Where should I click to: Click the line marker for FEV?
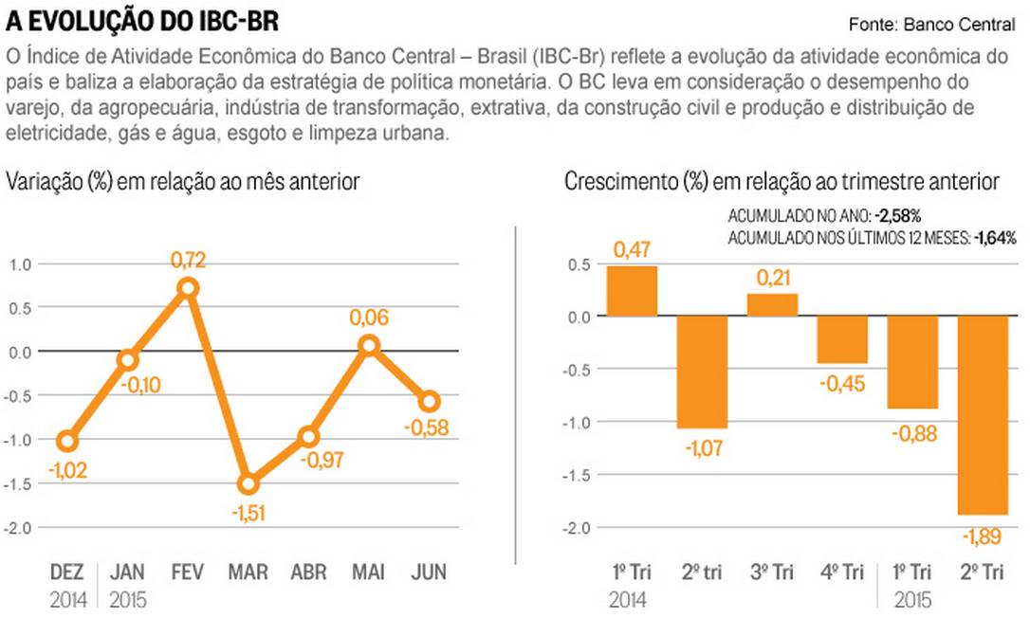[188, 288]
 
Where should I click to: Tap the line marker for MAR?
[248, 484]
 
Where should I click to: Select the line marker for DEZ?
[66, 441]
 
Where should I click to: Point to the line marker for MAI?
[369, 346]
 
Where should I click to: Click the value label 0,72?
[188, 259]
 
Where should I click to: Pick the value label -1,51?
[248, 515]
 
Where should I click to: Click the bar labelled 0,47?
[632, 291]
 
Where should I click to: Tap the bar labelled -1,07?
[702, 372]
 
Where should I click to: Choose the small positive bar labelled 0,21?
[772, 304]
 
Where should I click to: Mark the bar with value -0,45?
[842, 339]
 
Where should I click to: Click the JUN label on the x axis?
[428, 573]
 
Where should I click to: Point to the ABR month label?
[308, 573]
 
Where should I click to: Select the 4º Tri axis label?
[842, 573]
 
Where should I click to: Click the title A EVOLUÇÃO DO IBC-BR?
[143, 21]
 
